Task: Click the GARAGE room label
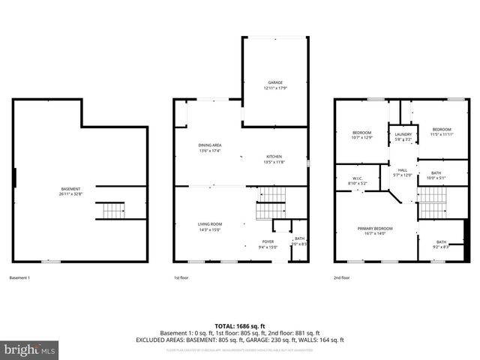tap(274, 82)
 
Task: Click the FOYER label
tap(268, 241)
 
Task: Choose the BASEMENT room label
tap(71, 189)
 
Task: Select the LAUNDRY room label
tap(402, 133)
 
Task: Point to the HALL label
tap(403, 170)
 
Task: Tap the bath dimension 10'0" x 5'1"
tap(436, 178)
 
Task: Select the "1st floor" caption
tap(182, 277)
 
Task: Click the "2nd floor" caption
tap(342, 277)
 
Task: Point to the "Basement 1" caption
tap(19, 277)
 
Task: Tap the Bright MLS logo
tap(30, 349)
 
